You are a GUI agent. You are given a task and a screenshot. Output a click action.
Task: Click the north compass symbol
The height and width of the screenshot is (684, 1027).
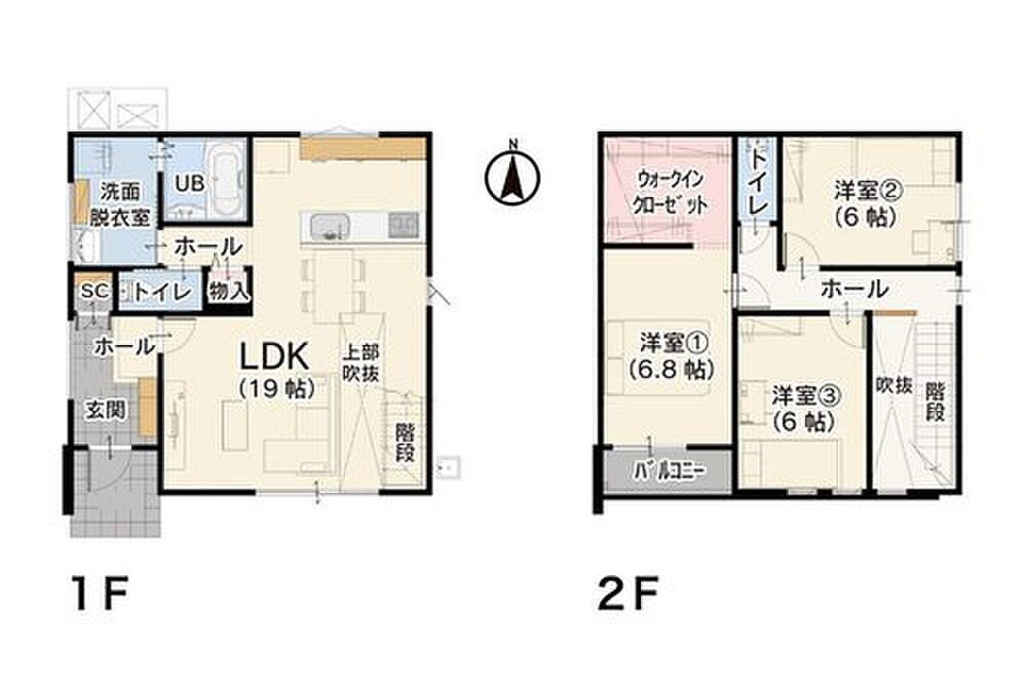513,176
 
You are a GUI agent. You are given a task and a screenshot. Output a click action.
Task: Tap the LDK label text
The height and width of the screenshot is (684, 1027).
275,357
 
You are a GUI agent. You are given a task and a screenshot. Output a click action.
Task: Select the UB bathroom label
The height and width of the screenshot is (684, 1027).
190,184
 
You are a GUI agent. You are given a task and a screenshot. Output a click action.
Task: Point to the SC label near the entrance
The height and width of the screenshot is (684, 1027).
95,291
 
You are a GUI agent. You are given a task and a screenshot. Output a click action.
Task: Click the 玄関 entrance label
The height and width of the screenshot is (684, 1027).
106,411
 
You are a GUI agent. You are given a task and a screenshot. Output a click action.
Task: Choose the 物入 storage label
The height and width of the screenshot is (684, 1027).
229,291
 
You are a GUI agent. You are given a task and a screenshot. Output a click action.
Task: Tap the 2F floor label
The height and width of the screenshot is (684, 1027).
629,592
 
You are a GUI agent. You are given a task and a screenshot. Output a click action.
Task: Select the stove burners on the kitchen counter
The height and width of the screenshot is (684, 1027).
403,225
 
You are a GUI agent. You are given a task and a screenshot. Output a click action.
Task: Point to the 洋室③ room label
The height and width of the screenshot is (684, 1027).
806,409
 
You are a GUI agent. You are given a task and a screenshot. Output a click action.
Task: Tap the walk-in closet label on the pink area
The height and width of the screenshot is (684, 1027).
670,194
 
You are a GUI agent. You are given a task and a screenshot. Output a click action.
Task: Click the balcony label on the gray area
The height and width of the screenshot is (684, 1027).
670,471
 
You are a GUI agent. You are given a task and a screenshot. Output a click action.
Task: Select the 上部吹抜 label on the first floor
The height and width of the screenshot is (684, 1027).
361,364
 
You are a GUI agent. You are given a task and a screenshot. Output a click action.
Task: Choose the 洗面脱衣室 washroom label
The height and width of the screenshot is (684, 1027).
120,205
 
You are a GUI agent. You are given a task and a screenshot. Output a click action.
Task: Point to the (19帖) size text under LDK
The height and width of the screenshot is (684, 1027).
277,389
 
